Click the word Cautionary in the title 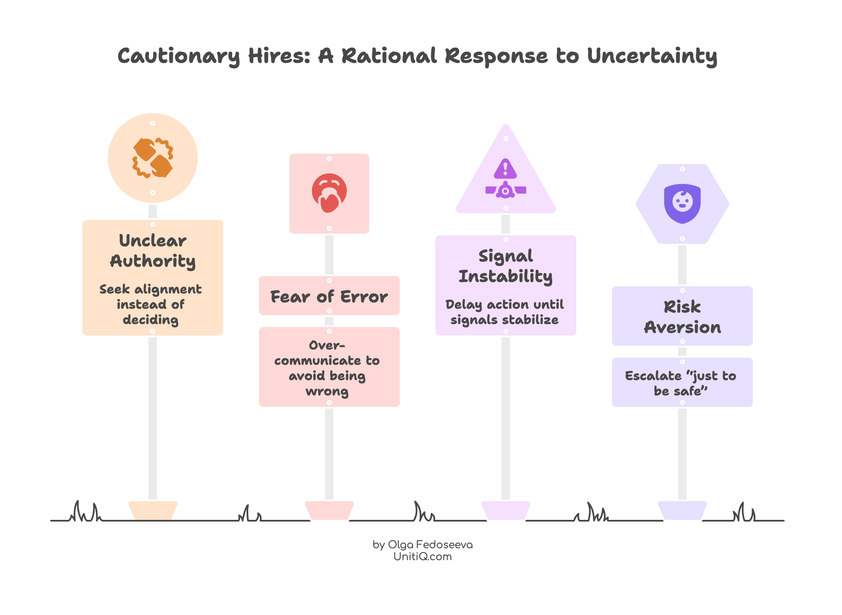(179, 56)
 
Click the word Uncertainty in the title (652, 56)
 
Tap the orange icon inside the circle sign (153, 158)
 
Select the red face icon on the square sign (329, 193)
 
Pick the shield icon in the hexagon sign (682, 203)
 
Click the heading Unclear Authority (153, 251)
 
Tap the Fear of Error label (329, 296)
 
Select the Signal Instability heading (505, 266)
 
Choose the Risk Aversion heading (682, 317)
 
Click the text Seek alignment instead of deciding (151, 305)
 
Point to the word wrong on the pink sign (327, 391)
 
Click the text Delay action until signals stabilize (505, 312)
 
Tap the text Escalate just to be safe (680, 383)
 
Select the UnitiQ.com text (423, 556)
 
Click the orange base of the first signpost (153, 510)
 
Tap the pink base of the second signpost (329, 510)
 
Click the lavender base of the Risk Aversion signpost (682, 510)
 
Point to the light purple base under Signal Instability (505, 510)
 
